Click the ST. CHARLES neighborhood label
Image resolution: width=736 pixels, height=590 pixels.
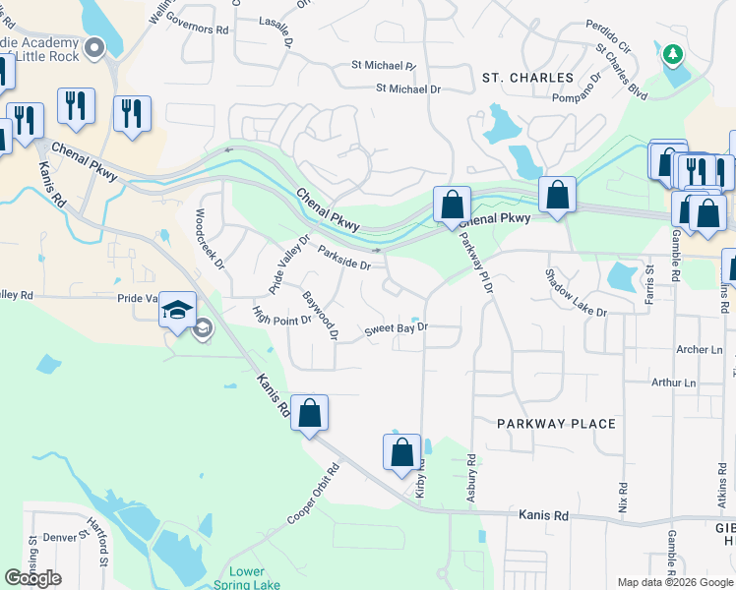(527, 78)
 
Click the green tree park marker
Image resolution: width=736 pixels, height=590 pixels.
(674, 54)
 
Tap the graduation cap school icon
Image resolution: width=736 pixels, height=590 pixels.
(177, 310)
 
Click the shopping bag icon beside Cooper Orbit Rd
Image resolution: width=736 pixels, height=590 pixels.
(309, 414)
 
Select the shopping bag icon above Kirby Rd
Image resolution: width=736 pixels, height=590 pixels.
(401, 453)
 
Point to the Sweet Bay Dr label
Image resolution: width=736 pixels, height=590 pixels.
(398, 328)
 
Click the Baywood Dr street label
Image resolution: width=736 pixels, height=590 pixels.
(321, 316)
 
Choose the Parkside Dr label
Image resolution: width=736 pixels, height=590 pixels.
(343, 258)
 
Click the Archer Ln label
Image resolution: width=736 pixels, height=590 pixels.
(700, 349)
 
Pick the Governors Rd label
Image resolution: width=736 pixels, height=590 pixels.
(197, 28)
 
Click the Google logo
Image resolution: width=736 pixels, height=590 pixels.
(32, 578)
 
